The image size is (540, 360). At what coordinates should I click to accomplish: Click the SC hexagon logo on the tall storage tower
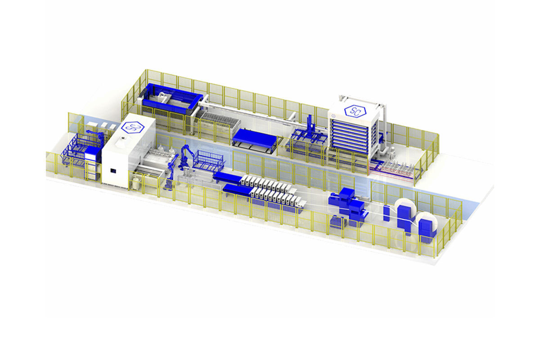click(355, 111)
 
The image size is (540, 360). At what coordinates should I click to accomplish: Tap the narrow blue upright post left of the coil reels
click(386, 213)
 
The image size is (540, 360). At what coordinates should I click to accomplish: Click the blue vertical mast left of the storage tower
click(310, 126)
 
